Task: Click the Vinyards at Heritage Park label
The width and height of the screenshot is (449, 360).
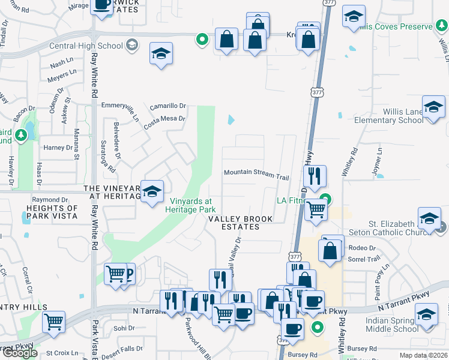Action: [191, 205]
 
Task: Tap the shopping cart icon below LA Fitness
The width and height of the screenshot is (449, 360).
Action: [315, 211]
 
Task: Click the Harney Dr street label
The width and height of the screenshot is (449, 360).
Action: [58, 148]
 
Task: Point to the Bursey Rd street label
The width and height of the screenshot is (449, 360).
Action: [302, 355]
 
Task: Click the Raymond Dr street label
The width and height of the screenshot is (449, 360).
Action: [50, 200]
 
